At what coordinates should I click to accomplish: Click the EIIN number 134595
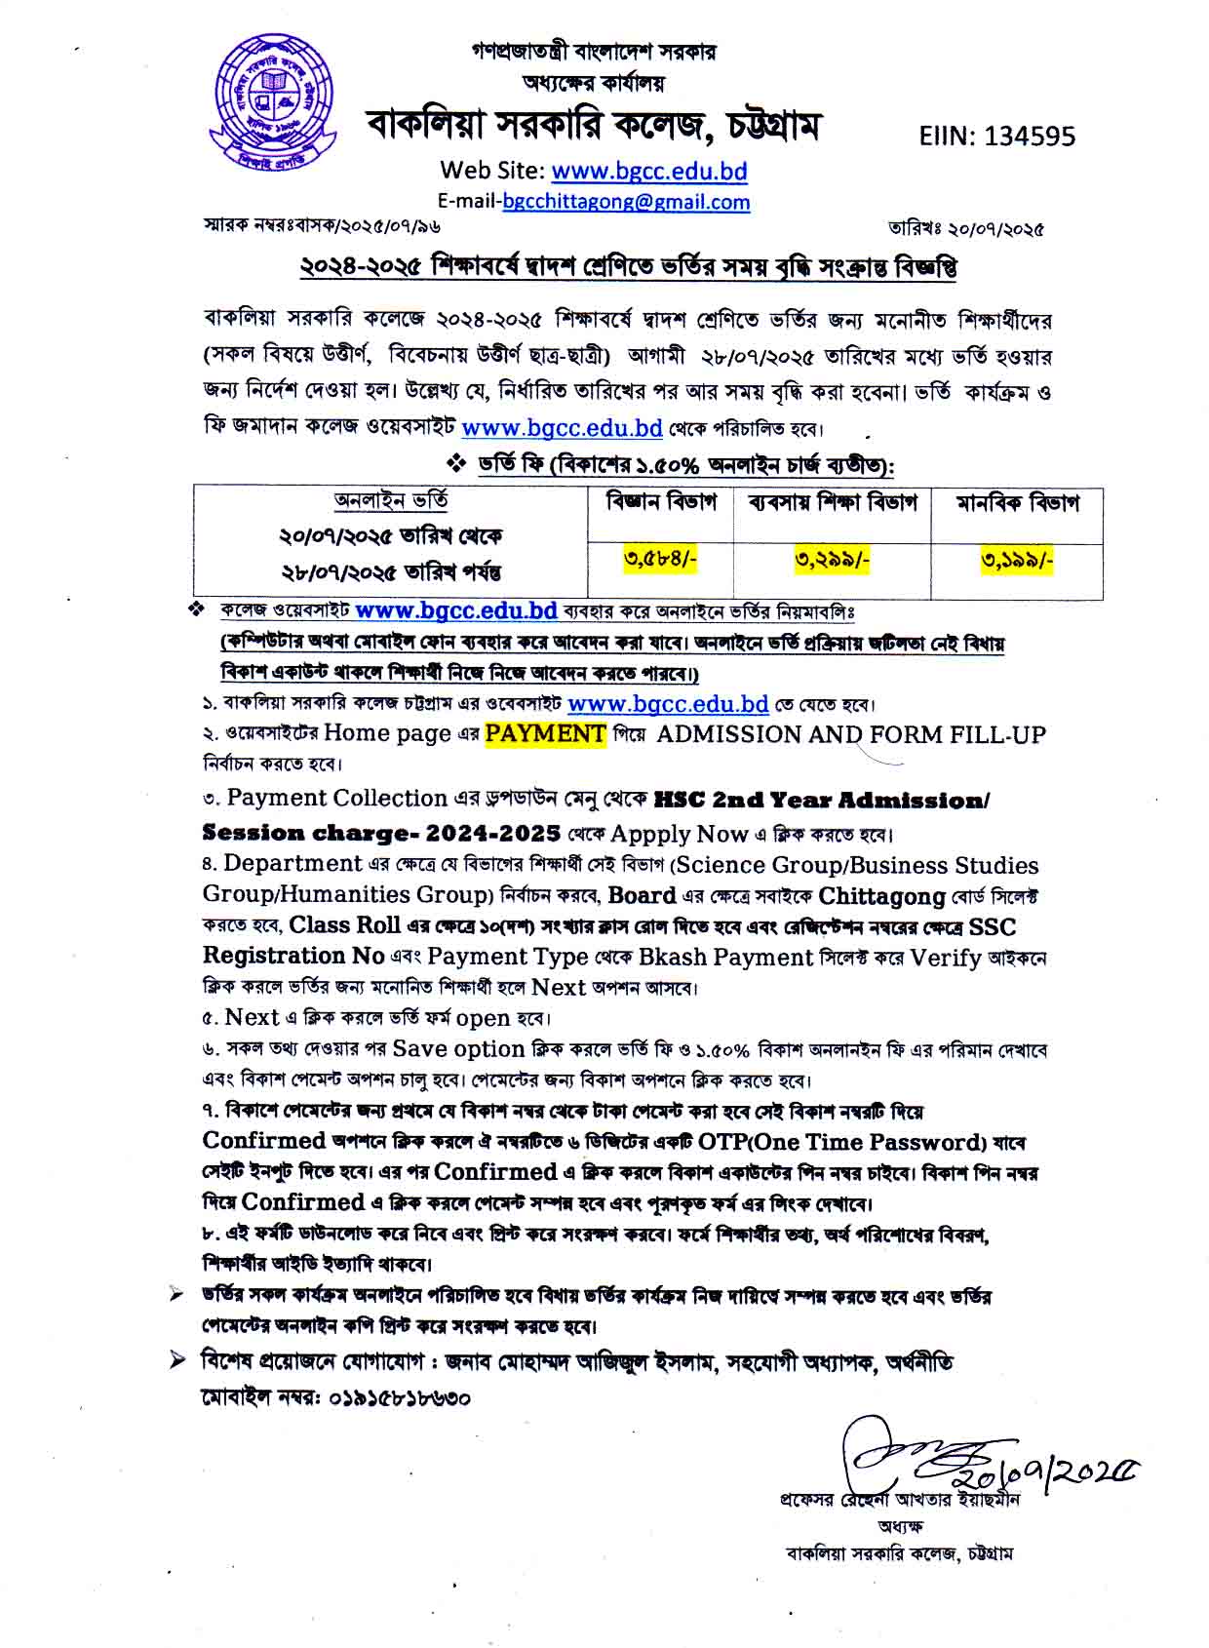pyautogui.click(x=997, y=136)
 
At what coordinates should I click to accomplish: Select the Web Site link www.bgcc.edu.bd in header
pyautogui.click(x=649, y=172)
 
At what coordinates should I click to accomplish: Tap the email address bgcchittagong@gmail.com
pyautogui.click(x=626, y=202)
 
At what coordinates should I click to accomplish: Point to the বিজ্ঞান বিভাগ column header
pyautogui.click(x=661, y=503)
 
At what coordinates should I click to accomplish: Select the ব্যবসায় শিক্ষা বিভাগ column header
pyautogui.click(x=833, y=503)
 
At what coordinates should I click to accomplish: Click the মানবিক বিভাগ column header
pyautogui.click(x=1017, y=503)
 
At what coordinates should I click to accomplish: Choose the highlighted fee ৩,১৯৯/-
pyautogui.click(x=1017, y=560)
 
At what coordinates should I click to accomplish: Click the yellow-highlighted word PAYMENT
pyautogui.click(x=545, y=733)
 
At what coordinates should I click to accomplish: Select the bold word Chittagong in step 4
pyautogui.click(x=881, y=895)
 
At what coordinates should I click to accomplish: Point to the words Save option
pyautogui.click(x=458, y=1049)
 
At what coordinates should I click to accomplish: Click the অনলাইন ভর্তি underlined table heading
pyautogui.click(x=391, y=501)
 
